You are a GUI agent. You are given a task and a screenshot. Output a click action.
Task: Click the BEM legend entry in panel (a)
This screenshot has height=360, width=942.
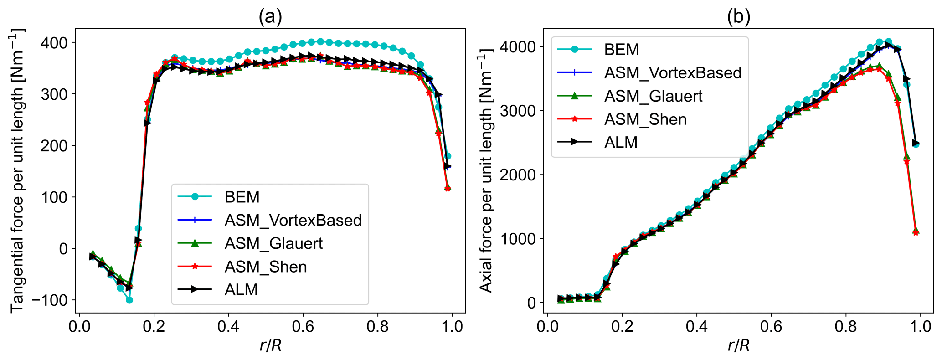click(242, 197)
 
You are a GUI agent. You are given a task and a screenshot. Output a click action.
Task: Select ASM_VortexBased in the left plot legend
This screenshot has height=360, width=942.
click(293, 220)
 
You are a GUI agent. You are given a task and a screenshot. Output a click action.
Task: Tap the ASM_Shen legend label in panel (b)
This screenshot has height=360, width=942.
click(645, 119)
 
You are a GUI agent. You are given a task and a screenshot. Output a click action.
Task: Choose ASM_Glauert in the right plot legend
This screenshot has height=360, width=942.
click(653, 96)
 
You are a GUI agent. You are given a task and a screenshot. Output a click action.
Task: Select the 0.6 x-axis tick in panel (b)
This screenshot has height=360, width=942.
click(771, 326)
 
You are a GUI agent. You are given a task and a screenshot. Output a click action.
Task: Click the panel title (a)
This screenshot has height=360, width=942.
click(270, 17)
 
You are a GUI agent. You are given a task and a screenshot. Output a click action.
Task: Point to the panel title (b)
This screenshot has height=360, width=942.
click(738, 17)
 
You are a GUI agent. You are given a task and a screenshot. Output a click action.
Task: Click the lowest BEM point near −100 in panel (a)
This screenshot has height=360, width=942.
click(129, 300)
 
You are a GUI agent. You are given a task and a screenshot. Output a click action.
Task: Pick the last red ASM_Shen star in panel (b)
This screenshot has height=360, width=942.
click(916, 232)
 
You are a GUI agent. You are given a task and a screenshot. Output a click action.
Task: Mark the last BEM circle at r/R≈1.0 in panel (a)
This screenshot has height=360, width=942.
click(448, 156)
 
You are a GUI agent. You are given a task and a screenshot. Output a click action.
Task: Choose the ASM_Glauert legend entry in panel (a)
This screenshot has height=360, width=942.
click(273, 243)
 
